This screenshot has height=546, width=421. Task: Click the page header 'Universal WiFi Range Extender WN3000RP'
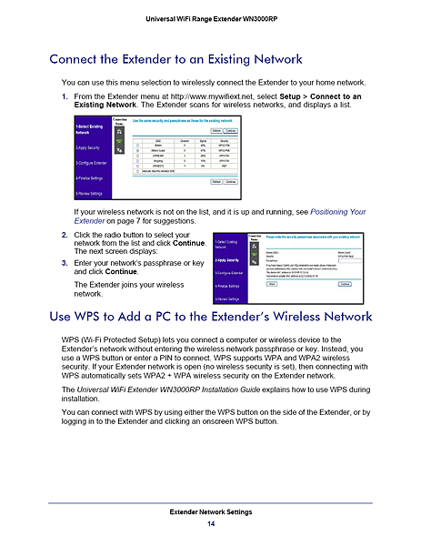(x=210, y=20)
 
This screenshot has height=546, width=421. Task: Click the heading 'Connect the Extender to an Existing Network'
(x=175, y=60)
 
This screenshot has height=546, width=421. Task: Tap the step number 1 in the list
(x=64, y=96)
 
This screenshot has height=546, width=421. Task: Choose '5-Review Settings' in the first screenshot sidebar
(x=92, y=194)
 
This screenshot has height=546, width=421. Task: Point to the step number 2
(x=64, y=236)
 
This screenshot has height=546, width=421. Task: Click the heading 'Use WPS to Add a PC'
(x=210, y=317)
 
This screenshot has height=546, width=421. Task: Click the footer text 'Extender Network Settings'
(x=210, y=513)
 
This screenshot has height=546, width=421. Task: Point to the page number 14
(x=210, y=525)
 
